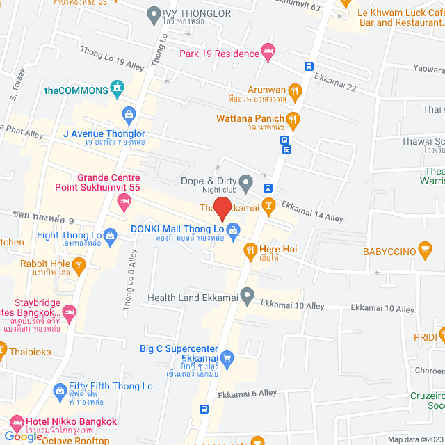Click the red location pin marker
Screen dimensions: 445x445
tap(222, 209)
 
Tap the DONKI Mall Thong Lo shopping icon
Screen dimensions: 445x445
tap(234, 229)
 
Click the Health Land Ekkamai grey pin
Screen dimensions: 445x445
tap(246, 297)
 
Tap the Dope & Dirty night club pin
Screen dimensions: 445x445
tap(245, 181)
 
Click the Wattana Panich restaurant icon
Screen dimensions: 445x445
tap(294, 119)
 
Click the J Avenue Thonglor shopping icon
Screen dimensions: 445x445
tap(128, 113)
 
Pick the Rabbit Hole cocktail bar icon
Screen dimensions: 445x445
tap(80, 264)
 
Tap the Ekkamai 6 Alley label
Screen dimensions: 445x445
tap(247, 394)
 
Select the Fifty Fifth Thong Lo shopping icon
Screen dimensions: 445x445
tap(58, 392)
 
